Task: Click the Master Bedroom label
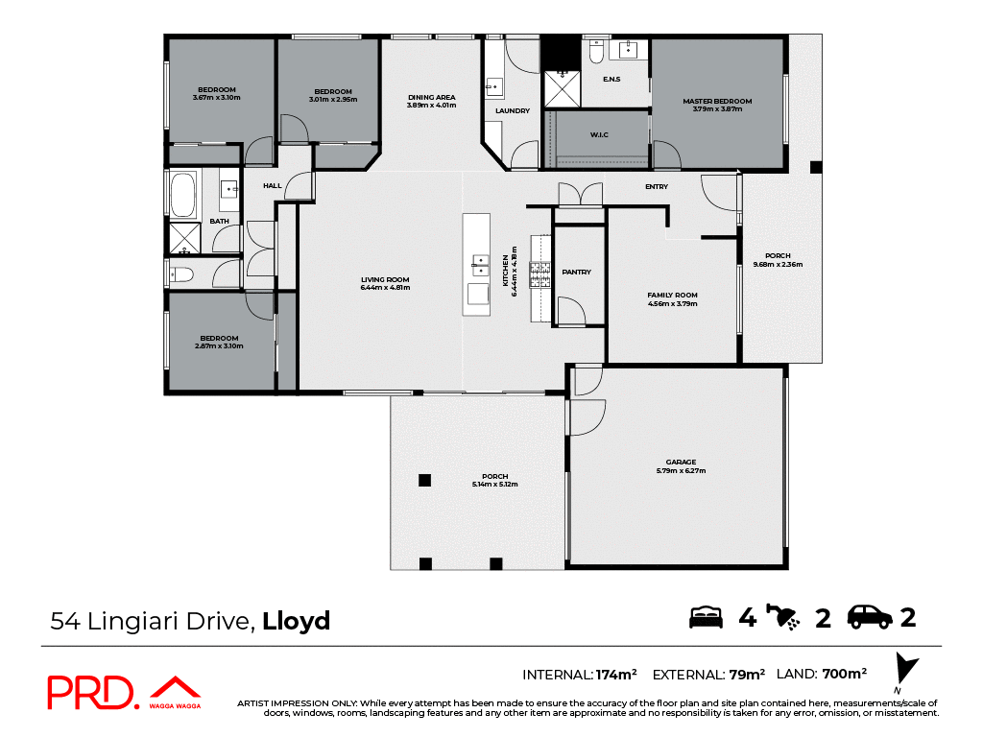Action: [x=717, y=101]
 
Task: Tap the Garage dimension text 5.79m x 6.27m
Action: [x=681, y=471]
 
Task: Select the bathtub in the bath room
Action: [x=182, y=195]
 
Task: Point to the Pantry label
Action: [x=576, y=273]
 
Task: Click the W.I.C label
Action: [x=600, y=134]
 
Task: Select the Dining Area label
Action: [x=431, y=97]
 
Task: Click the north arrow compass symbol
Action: [x=904, y=670]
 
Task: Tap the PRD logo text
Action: [x=92, y=693]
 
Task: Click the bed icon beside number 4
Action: [x=706, y=617]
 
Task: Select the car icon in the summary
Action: [x=870, y=617]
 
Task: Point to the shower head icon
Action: [x=788, y=617]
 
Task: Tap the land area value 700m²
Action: [x=845, y=674]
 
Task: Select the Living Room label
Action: [x=384, y=279]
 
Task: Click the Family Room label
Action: [x=672, y=295]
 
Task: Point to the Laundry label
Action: [x=513, y=111]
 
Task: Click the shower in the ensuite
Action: [x=563, y=88]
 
